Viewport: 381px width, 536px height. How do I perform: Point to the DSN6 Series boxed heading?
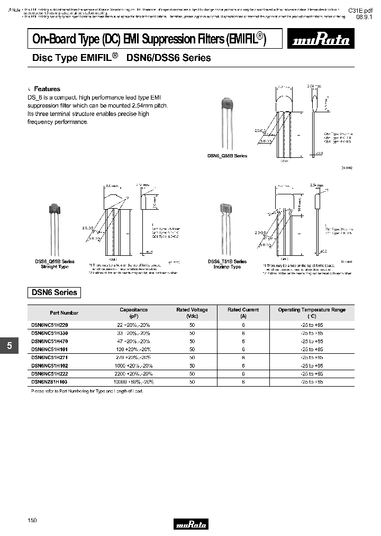53,292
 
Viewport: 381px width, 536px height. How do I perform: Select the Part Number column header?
64,313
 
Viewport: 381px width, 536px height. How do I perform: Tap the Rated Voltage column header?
192,312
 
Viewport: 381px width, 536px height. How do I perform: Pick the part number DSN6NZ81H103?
49,382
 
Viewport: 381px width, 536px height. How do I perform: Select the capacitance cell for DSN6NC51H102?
134,365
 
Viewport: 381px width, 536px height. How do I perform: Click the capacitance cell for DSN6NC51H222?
134,373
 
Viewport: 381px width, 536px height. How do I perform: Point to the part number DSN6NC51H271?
49,358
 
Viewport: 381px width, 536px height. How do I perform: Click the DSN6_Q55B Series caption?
227,156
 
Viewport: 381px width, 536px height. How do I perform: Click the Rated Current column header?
243,312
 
